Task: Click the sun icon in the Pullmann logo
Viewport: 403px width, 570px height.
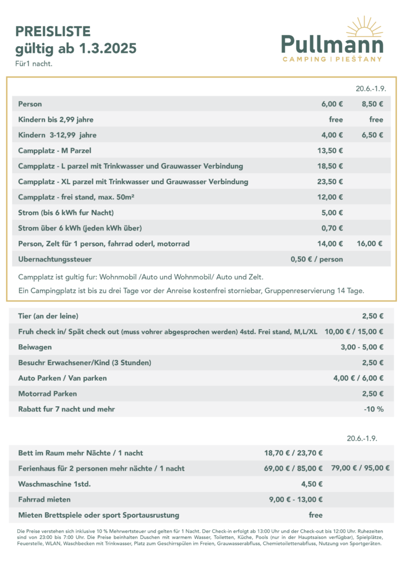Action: click(x=365, y=27)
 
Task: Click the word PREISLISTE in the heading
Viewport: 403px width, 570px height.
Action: click(x=53, y=31)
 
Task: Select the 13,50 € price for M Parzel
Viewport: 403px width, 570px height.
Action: click(x=330, y=150)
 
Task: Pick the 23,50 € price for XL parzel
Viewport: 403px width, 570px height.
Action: click(x=330, y=181)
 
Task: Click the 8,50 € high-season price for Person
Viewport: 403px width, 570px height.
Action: click(x=372, y=104)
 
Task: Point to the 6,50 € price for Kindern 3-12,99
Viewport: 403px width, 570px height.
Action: click(x=372, y=135)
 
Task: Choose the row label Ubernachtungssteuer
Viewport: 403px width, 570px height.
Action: click(x=55, y=259)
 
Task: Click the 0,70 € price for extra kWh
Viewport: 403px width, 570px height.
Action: click(x=332, y=228)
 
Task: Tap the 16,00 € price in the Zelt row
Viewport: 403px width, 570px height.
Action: click(x=370, y=244)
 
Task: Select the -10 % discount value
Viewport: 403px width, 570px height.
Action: click(x=373, y=409)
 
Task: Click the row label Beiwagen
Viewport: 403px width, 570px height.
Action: click(x=35, y=347)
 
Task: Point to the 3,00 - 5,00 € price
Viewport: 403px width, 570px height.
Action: click(x=362, y=347)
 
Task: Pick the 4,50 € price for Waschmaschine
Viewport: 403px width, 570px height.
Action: click(x=312, y=484)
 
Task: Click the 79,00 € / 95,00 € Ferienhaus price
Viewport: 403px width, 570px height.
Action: click(x=360, y=468)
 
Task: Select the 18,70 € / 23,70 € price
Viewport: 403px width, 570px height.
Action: click(x=293, y=453)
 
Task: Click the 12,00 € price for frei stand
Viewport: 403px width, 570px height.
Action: click(x=330, y=197)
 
